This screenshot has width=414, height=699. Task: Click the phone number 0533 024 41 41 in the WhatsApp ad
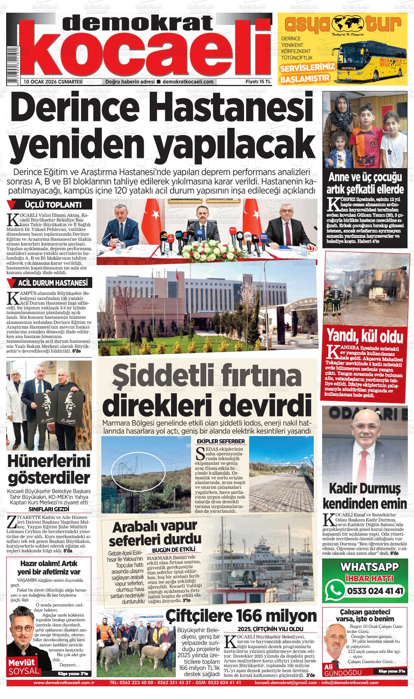coord(375,591)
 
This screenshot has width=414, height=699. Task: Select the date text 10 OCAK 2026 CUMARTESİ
coord(53,82)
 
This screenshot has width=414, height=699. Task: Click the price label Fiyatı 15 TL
coord(258,82)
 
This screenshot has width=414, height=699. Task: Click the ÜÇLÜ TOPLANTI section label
coord(52,205)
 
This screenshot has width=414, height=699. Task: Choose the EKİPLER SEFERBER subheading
coord(221,442)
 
